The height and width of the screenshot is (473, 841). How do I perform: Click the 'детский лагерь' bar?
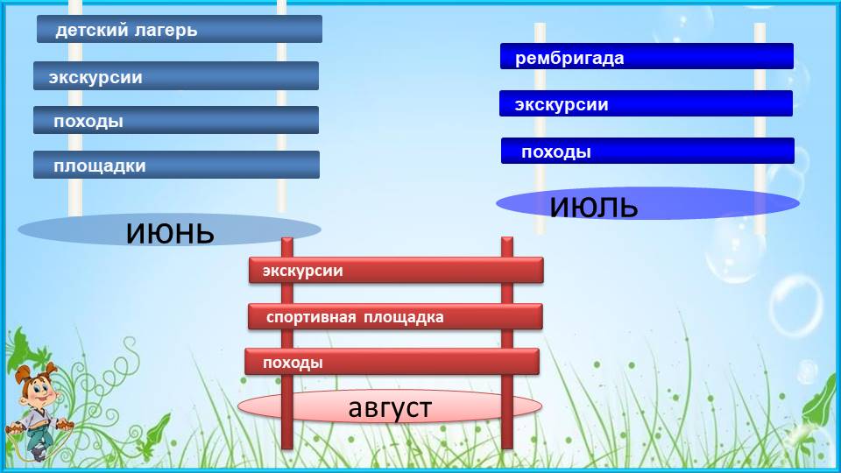coord(179,29)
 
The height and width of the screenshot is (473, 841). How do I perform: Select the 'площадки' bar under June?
coord(176,165)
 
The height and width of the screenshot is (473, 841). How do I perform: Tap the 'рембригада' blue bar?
coord(647,56)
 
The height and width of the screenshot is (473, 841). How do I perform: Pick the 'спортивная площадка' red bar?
coord(395,316)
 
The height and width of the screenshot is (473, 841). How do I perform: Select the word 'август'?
coord(390,408)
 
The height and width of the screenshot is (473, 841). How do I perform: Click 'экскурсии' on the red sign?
coord(302,271)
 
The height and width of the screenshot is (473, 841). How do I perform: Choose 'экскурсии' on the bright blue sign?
coord(562,104)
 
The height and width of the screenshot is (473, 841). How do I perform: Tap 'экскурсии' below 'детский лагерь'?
coord(95,77)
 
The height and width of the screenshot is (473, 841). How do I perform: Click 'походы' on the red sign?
coord(293,363)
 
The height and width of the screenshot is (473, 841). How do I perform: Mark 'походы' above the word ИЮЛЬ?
coord(556,152)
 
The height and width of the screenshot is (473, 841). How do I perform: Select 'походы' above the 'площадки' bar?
coord(88,121)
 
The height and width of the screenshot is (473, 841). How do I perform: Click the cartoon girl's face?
coord(39,389)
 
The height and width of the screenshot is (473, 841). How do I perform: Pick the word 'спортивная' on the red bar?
coord(311,317)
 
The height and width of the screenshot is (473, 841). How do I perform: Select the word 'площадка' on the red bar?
coord(404,317)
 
